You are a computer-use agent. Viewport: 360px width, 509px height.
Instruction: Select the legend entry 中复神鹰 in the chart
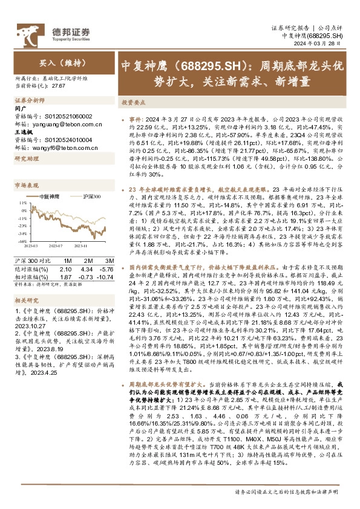point(50,197)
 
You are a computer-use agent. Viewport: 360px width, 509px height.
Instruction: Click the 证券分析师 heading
point(28,101)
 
